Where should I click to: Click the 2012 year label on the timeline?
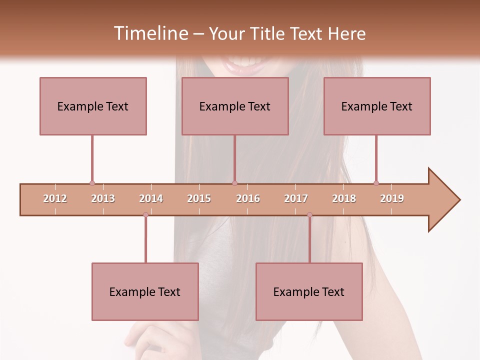pos(55,198)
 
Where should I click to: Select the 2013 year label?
pos(103,198)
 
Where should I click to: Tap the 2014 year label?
pos(151,198)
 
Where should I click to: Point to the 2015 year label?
pos(199,198)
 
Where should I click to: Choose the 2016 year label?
pos(248,198)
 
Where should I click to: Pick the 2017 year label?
pos(296,198)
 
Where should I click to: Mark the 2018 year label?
pos(344,198)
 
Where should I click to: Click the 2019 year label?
pos(392,198)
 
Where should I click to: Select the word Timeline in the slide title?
pos(150,33)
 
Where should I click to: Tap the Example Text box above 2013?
pos(93,106)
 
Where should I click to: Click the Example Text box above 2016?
pos(235,106)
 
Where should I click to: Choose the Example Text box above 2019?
pos(377,106)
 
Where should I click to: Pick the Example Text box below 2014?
pos(145,291)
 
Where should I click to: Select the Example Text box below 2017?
pos(309,291)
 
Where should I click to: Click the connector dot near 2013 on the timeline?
pos(92,183)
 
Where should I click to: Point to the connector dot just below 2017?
pos(309,215)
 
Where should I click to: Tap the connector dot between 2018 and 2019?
pos(376,183)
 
